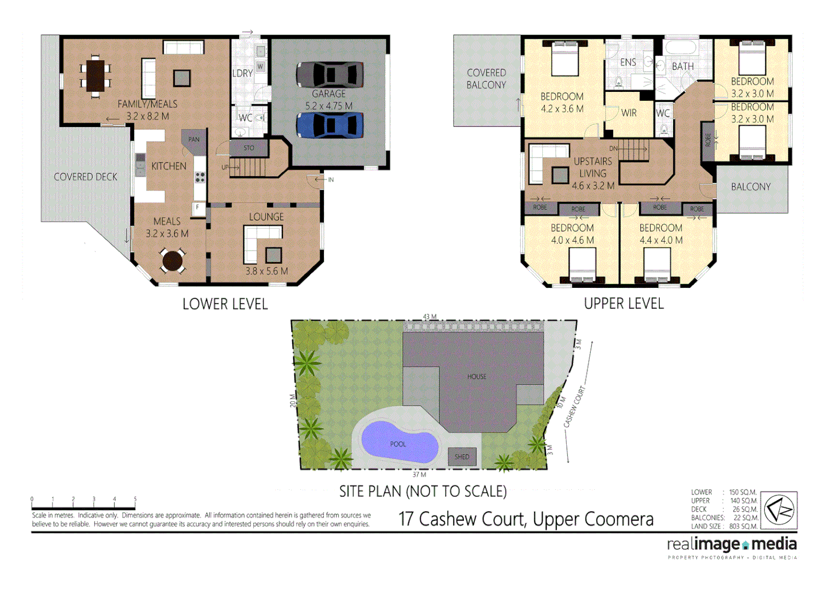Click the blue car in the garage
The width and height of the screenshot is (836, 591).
(330, 125)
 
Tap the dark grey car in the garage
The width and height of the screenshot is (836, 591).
(330, 75)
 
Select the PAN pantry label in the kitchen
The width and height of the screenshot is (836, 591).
(194, 140)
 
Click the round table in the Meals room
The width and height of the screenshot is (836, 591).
(172, 260)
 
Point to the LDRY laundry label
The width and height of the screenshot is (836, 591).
(242, 73)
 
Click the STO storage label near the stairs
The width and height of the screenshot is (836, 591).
(249, 148)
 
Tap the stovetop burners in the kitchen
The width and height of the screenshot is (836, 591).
(200, 177)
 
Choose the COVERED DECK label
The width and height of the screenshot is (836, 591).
(85, 177)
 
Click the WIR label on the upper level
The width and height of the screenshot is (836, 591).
(629, 113)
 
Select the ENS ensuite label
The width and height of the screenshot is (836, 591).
(628, 62)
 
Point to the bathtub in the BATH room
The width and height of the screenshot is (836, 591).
(681, 48)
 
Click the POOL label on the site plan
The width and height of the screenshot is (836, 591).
(398, 444)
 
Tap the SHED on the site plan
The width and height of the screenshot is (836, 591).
(462, 456)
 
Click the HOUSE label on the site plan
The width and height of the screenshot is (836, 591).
(477, 376)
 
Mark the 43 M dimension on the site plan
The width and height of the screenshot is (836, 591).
(429, 317)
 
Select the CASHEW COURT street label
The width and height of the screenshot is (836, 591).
(574, 407)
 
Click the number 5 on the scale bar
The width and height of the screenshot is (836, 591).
(135, 499)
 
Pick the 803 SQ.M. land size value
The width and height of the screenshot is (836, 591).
(743, 526)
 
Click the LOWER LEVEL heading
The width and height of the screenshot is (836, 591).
(225, 304)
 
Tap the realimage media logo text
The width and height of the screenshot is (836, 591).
(731, 544)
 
